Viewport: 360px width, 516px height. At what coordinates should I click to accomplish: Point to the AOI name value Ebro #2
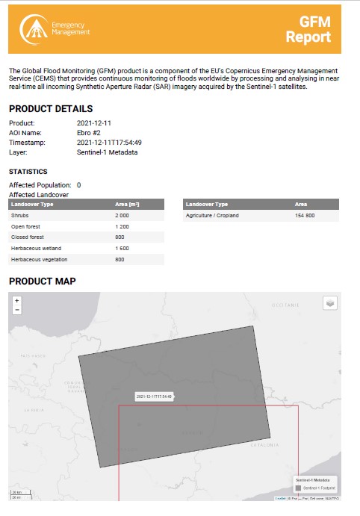[90, 132]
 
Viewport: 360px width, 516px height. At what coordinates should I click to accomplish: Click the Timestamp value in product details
[109, 142]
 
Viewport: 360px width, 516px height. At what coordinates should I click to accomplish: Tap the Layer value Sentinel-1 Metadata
[107, 152]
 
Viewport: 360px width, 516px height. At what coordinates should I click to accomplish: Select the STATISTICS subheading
[28, 171]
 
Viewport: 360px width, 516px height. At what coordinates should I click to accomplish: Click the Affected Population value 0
[78, 184]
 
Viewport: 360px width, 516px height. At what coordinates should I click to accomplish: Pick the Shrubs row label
[20, 214]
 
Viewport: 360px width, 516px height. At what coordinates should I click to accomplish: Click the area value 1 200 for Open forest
[122, 226]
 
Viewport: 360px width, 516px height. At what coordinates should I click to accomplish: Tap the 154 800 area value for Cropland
[305, 214]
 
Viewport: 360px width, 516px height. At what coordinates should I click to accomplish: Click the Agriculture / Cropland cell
[211, 214]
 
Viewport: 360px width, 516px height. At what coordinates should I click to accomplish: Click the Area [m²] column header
[128, 203]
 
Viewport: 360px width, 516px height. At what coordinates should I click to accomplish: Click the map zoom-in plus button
[17, 300]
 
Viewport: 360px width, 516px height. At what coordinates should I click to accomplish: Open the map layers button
[329, 302]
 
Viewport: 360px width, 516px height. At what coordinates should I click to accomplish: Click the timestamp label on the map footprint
[154, 397]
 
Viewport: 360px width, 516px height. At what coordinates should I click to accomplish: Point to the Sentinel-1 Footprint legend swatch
[299, 487]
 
